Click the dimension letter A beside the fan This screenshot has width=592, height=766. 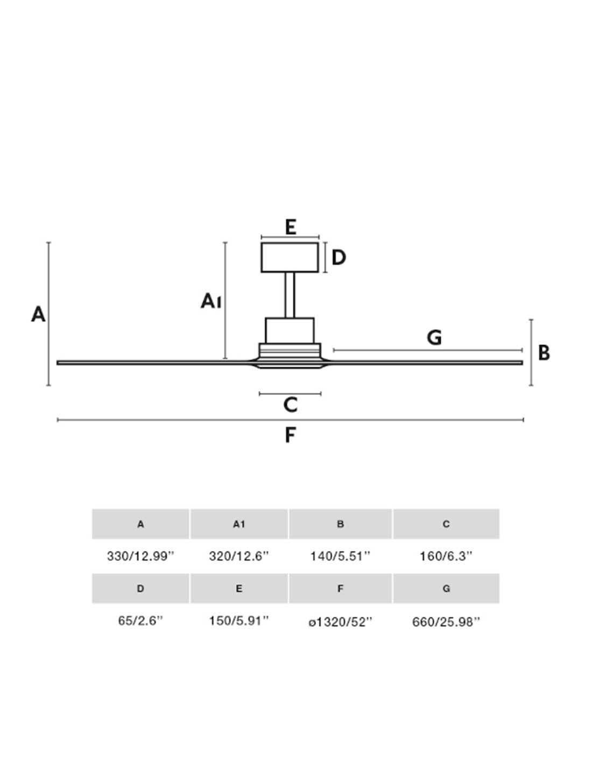(x=38, y=314)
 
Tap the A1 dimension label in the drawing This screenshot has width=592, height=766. (x=211, y=301)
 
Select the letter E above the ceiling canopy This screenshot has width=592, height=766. (x=291, y=227)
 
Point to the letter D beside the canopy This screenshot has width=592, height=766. (x=339, y=258)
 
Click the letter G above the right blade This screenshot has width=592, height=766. (x=434, y=338)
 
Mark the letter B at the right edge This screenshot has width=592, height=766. (x=544, y=353)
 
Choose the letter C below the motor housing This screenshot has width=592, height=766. (x=290, y=405)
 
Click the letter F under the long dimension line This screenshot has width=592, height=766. (x=290, y=435)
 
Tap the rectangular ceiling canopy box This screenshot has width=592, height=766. (x=290, y=257)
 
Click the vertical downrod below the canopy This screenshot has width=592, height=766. (x=290, y=295)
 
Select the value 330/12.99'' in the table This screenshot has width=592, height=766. (x=141, y=556)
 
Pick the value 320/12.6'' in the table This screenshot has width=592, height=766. (x=238, y=556)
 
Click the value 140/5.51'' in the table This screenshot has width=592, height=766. (x=340, y=556)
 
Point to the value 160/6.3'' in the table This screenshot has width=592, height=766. (x=446, y=556)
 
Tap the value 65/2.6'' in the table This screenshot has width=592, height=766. (x=140, y=621)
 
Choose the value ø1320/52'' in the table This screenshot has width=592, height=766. (x=340, y=622)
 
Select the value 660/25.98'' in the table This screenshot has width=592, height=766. (x=446, y=622)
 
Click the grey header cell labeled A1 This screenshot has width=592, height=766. (x=239, y=524)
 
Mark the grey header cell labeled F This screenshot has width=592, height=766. (x=340, y=588)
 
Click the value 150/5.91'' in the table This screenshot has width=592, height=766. (x=238, y=621)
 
